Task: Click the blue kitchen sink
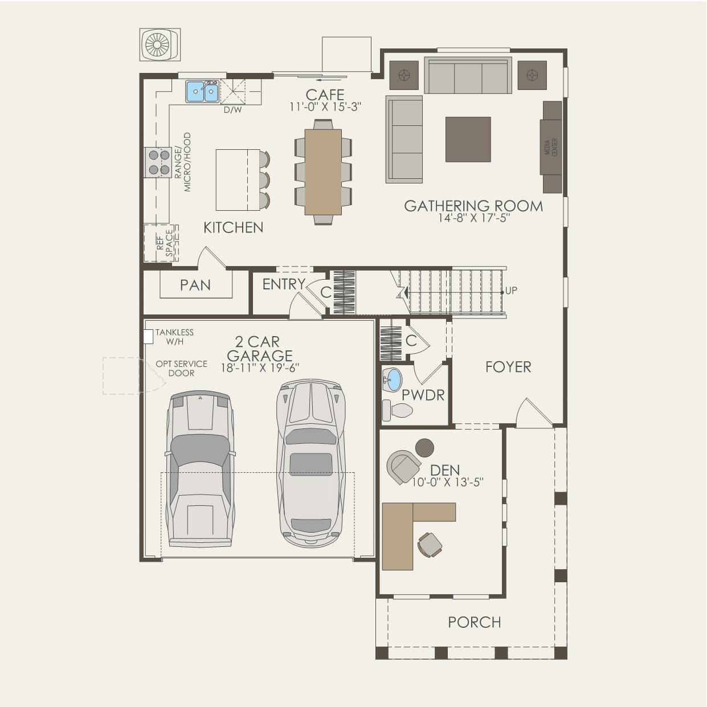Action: pyautogui.click(x=202, y=91)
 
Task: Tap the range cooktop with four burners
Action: pyautogui.click(x=158, y=162)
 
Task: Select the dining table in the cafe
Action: pyautogui.click(x=323, y=171)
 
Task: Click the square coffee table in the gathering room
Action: pyautogui.click(x=468, y=139)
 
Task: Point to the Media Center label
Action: pyautogui.click(x=551, y=147)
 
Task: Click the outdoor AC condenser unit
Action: pyautogui.click(x=160, y=44)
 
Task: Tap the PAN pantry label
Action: pyautogui.click(x=195, y=285)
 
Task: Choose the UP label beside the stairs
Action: pyautogui.click(x=511, y=290)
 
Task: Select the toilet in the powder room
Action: pyautogui.click(x=397, y=410)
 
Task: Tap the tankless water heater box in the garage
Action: pyautogui.click(x=148, y=336)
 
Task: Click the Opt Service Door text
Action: pyautogui.click(x=182, y=369)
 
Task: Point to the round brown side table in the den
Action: pyautogui.click(x=424, y=448)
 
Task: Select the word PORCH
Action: pyautogui.click(x=475, y=622)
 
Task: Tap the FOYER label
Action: pyautogui.click(x=508, y=367)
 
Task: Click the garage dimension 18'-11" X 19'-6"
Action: pyautogui.click(x=260, y=367)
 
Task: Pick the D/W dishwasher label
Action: pyautogui.click(x=233, y=109)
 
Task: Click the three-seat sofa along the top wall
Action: pyautogui.click(x=468, y=75)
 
